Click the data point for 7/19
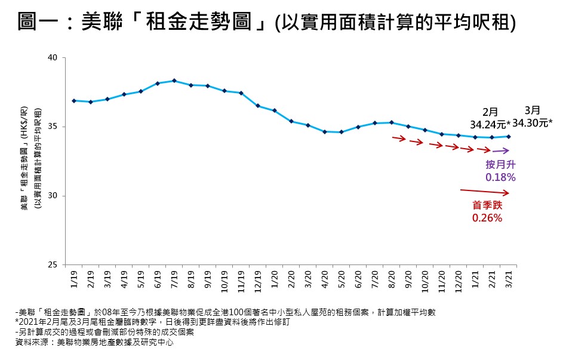pos(174,81)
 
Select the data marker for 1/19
pos(73,101)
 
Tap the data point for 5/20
pos(342,132)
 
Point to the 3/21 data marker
pos(509,137)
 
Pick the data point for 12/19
pos(258,106)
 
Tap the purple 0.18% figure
pos(500,177)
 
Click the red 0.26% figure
pos(487,218)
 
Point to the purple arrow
pos(501,151)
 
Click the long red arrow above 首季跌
pos(485,192)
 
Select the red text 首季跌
pos(487,205)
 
